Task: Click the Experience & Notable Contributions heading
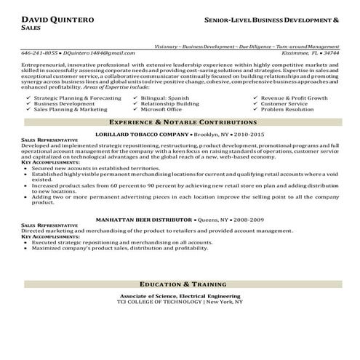click(x=180, y=123)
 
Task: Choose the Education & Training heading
click(x=180, y=284)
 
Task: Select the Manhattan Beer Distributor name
click(x=151, y=219)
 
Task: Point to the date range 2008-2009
click(x=249, y=219)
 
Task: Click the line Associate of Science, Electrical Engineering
click(x=180, y=296)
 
